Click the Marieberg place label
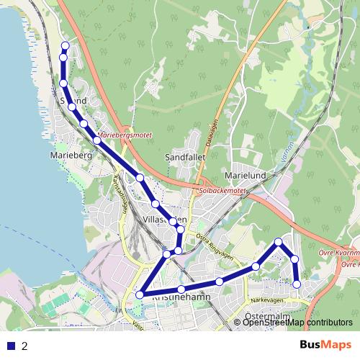click(70, 154)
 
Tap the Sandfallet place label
click(186, 156)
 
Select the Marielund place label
click(246, 174)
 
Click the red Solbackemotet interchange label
click(222, 191)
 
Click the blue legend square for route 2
click(11, 346)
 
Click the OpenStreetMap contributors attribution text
click(297, 323)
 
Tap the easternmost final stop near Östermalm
click(297, 284)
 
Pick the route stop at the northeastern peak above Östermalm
click(279, 242)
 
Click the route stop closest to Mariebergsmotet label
click(97, 140)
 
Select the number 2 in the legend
click(25, 346)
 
